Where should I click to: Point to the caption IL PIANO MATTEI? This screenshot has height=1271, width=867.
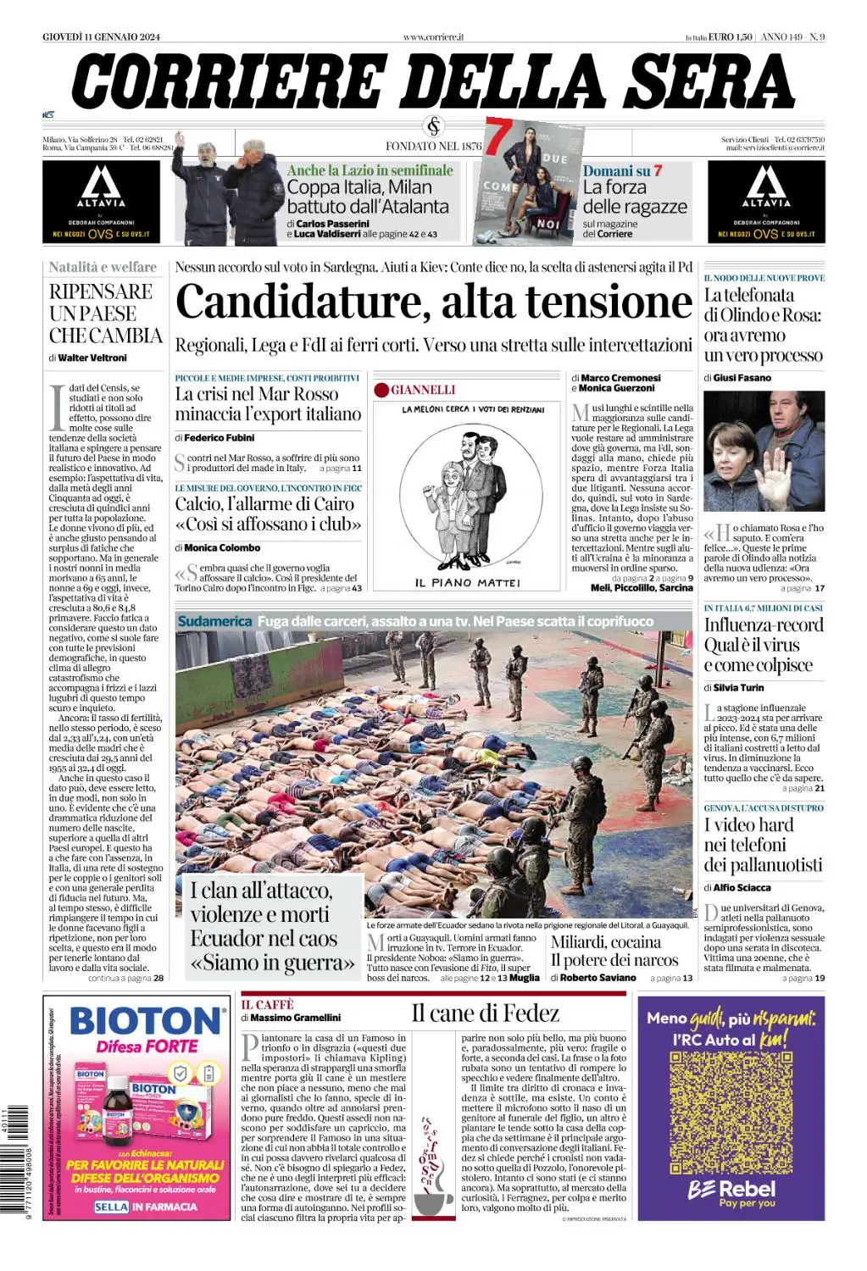(x=467, y=583)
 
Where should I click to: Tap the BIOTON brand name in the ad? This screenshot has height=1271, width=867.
(x=145, y=1021)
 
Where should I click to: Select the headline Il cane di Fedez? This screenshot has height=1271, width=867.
(x=485, y=1013)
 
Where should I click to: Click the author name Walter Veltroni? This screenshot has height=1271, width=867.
(x=92, y=358)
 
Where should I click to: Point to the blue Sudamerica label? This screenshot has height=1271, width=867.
(x=214, y=621)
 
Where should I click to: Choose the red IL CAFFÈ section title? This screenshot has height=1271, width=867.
(x=267, y=1004)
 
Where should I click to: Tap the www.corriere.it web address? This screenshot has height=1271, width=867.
(x=433, y=36)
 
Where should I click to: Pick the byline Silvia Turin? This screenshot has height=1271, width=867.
(x=738, y=688)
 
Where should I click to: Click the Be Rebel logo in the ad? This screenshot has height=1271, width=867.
(x=731, y=1191)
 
